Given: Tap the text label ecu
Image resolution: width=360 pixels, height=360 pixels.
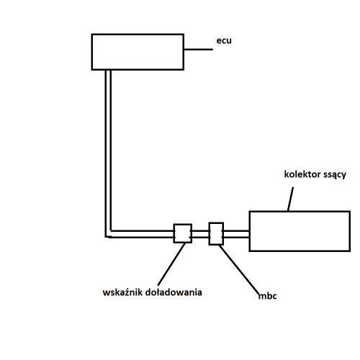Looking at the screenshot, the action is [x=224, y=40].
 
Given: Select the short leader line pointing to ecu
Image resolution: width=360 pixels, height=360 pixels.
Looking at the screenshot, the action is [x=199, y=50].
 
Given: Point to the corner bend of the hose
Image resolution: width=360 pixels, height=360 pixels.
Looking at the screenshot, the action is [x=108, y=234].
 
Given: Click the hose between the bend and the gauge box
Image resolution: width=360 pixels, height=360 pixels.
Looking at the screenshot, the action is [x=143, y=234].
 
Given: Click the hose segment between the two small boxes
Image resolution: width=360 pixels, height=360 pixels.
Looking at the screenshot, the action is [x=200, y=234].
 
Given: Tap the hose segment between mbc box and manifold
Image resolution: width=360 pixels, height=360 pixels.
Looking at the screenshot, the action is [x=237, y=234].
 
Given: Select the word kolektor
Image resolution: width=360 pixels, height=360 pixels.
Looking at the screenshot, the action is [x=302, y=174].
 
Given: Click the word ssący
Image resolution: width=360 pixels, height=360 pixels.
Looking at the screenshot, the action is [x=335, y=175].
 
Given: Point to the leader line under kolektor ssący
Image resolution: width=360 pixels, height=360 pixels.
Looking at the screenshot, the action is [x=290, y=199].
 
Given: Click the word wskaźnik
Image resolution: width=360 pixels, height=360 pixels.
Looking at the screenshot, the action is [x=122, y=292].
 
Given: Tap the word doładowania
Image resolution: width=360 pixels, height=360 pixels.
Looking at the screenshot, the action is [x=174, y=292].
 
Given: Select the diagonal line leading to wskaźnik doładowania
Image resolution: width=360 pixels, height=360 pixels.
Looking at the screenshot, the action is [x=171, y=264].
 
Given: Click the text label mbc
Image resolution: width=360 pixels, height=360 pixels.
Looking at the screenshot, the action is [x=268, y=296].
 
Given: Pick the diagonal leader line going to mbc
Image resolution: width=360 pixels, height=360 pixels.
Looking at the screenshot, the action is [x=239, y=269].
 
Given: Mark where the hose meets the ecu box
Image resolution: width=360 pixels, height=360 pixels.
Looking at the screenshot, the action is [x=108, y=70].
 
